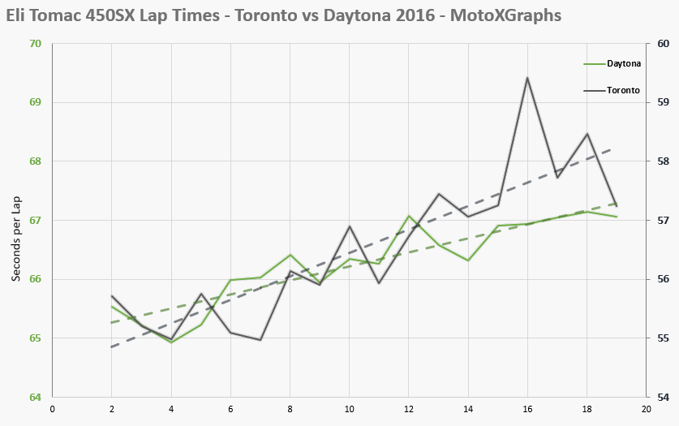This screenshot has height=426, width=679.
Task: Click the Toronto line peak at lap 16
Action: click(527, 78)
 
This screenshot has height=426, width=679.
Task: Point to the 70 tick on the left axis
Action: click(36, 44)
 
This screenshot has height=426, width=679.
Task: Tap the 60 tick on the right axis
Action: click(662, 44)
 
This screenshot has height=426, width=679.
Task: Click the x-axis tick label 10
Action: click(349, 410)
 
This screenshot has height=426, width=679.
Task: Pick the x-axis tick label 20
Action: click(646, 410)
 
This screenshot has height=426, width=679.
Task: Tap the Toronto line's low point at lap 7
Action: click(260, 340)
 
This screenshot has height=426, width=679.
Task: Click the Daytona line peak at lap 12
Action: click(409, 216)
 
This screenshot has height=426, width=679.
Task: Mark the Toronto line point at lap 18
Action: click(587, 134)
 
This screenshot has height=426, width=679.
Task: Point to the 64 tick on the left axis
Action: click(36, 397)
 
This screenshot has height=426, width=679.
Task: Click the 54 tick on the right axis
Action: click(662, 397)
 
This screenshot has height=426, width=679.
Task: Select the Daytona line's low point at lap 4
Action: click(171, 342)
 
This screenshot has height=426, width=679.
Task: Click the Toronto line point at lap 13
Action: click(438, 194)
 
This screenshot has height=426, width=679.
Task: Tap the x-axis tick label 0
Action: click(52, 410)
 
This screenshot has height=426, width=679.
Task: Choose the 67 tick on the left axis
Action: click(36, 220)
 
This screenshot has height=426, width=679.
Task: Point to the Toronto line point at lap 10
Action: click(349, 226)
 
